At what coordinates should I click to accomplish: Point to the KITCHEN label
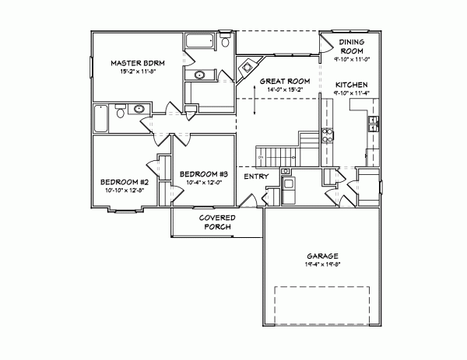click(352, 84)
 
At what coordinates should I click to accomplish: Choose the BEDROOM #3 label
click(202, 173)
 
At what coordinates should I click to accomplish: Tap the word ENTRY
click(256, 177)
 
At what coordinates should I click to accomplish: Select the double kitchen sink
click(373, 122)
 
